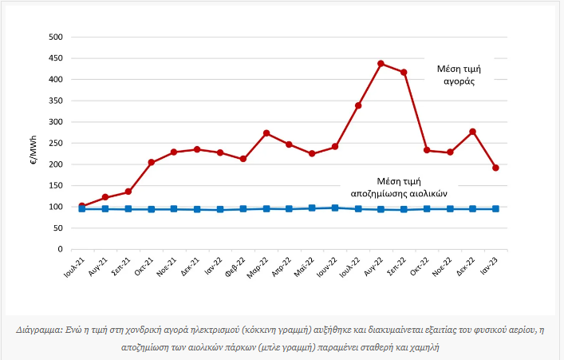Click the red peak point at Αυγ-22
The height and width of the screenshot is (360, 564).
coord(381,64)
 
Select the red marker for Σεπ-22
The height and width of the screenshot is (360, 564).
coord(404,73)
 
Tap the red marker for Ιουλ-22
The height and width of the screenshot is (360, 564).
coord(358,105)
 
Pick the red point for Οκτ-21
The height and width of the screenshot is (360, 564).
coord(152,162)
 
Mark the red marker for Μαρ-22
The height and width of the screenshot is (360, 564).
coord(266,133)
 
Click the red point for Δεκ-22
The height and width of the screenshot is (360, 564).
coord(473,132)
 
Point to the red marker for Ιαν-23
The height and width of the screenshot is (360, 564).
coord(495,168)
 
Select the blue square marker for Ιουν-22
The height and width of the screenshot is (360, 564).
coord(335,208)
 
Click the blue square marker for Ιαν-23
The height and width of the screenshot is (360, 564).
coord(495,209)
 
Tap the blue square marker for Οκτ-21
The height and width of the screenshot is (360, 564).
coord(152,209)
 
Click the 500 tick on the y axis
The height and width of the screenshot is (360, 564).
coord(55,38)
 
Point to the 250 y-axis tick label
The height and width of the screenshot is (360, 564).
coord(55,144)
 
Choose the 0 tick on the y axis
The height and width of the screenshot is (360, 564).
coord(60,249)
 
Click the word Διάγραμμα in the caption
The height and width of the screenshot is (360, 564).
coord(41,330)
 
